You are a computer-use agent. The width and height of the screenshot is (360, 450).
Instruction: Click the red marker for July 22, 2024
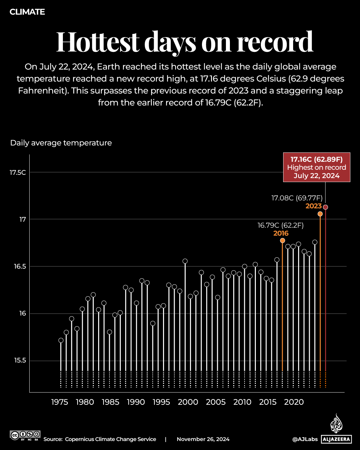(x=325, y=207)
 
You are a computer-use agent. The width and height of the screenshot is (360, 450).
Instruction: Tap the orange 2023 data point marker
(x=320, y=214)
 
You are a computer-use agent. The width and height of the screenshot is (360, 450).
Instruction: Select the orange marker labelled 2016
(x=282, y=240)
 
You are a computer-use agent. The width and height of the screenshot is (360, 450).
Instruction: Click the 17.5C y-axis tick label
(x=18, y=172)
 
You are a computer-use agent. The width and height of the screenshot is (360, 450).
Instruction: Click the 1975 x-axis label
(x=60, y=402)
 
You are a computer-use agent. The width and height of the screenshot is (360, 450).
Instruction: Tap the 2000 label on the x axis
(x=188, y=402)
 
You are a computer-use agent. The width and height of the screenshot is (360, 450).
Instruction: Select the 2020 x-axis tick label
(x=294, y=402)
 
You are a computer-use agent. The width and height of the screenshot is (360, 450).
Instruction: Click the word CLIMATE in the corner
(x=27, y=12)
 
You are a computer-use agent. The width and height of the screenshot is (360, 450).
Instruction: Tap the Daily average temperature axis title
(x=61, y=143)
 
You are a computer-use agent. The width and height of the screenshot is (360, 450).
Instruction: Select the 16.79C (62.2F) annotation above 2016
(x=280, y=225)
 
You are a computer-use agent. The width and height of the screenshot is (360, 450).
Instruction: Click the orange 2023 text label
(x=313, y=206)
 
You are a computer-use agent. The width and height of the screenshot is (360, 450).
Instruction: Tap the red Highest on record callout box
(x=316, y=167)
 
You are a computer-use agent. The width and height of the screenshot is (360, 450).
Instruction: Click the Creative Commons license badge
(x=25, y=435)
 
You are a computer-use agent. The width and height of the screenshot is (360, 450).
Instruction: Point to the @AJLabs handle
(x=305, y=439)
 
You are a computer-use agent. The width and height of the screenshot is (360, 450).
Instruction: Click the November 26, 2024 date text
(x=203, y=439)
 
